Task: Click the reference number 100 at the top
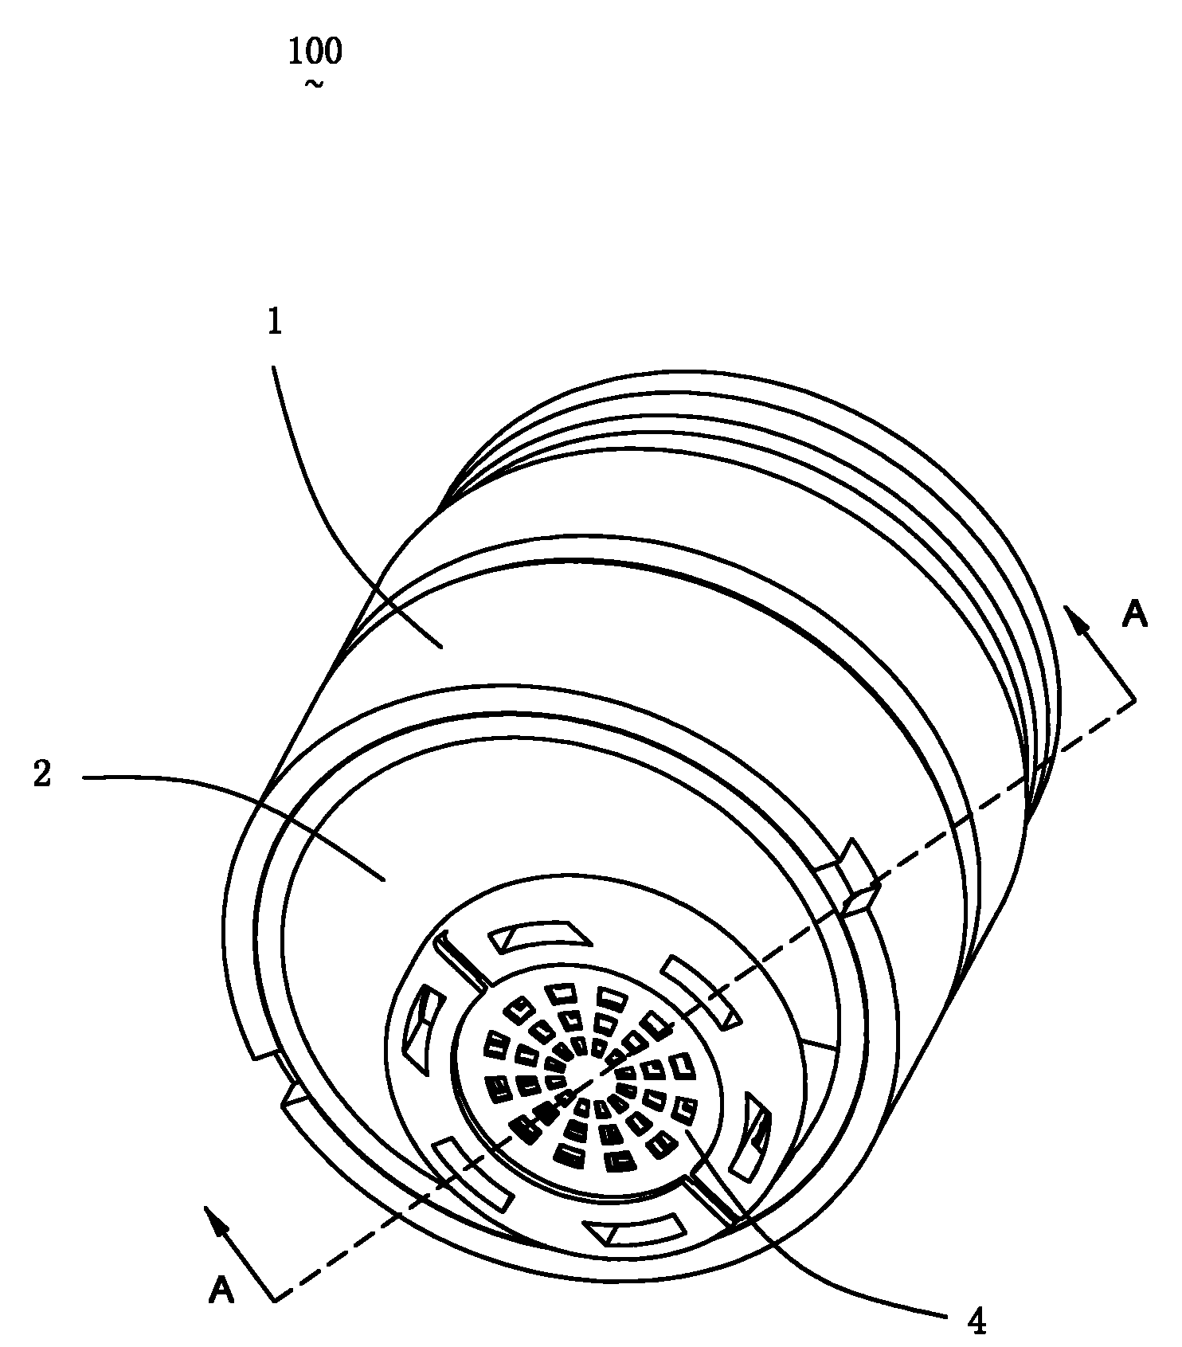point(315,52)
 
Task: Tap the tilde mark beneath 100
point(314,84)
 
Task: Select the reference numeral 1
point(275,323)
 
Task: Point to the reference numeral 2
point(42,773)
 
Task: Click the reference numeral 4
point(977,1322)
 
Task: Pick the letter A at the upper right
point(1133,614)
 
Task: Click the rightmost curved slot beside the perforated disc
point(753,1135)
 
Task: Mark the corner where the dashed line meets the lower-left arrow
point(275,1301)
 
